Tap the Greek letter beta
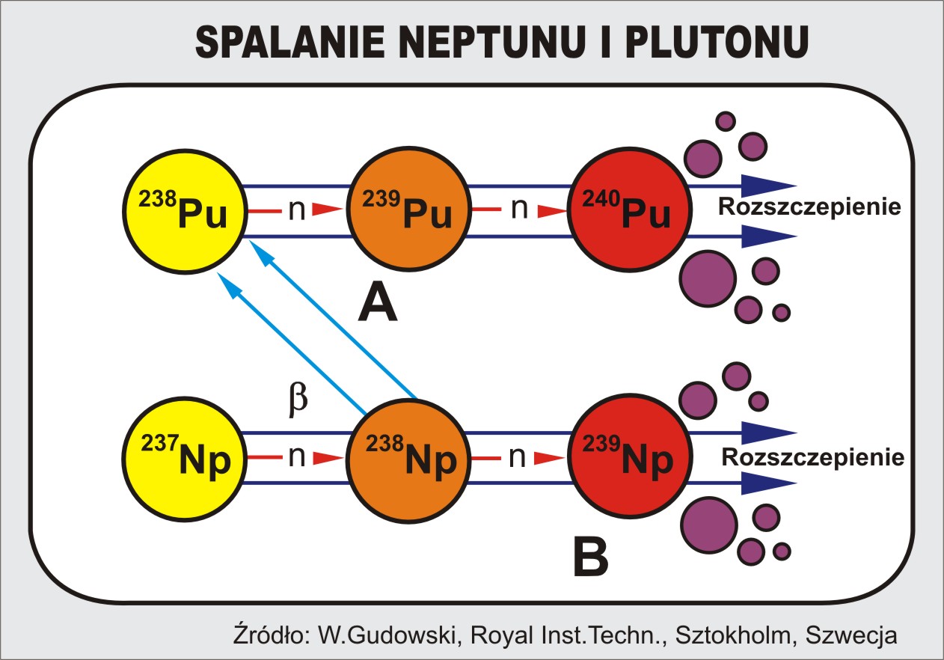coord(298,400)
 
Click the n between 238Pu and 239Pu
coord(297,212)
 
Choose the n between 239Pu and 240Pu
coord(519,212)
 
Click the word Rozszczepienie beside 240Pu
coord(808,207)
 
